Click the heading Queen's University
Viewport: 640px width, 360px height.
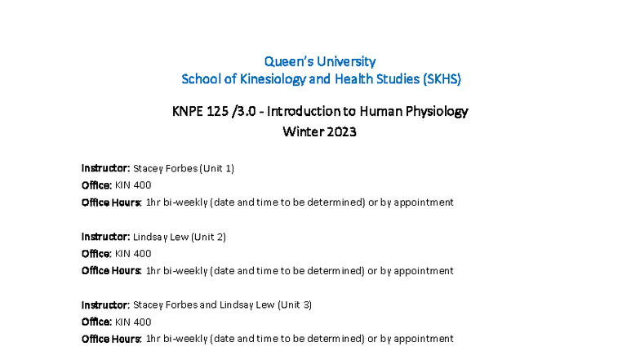[320, 61]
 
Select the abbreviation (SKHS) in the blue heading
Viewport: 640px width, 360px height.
[438, 79]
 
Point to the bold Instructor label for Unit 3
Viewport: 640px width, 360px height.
[105, 304]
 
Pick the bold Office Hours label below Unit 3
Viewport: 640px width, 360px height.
[111, 339]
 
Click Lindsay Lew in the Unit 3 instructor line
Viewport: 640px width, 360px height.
[247, 304]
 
